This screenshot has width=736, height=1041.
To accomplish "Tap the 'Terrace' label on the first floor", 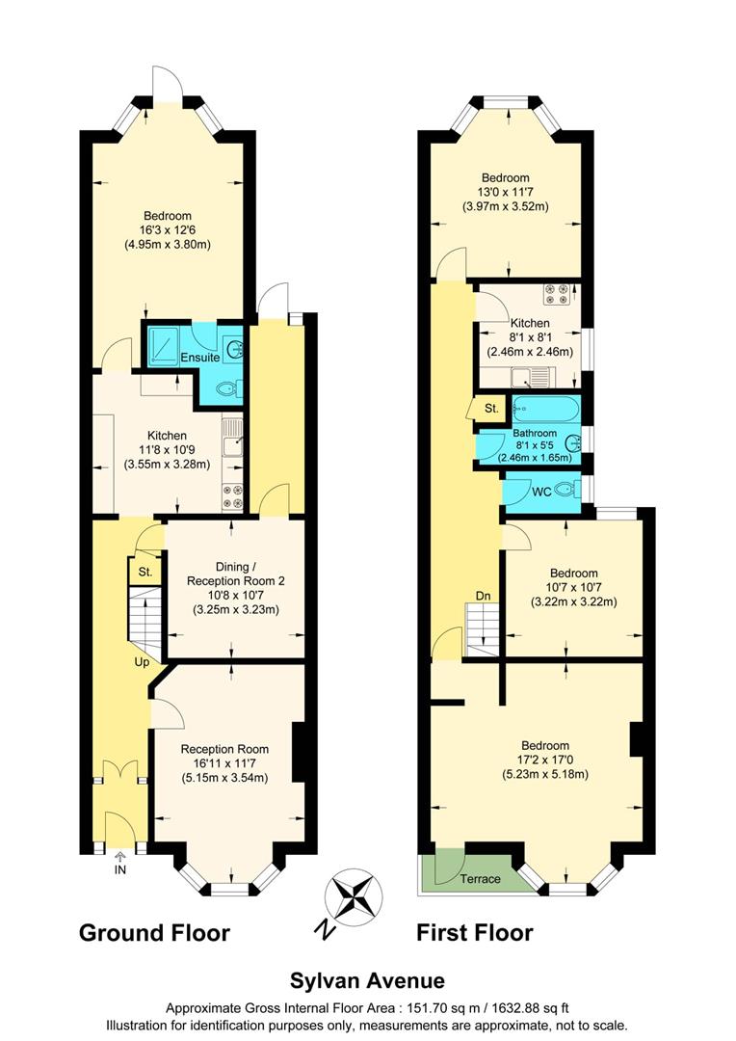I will pos(478,878).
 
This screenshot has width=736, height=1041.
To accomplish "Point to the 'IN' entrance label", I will pos(120,869).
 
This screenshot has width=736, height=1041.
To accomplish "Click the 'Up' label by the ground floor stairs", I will pos(142,662).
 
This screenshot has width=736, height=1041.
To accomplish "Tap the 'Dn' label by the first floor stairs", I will pos(485,596).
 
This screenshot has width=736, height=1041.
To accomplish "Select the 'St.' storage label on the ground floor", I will pos(145,573).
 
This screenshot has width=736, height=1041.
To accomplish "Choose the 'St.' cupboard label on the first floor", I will pos(491,409).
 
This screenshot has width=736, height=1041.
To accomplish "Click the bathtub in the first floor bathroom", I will pos(545,410).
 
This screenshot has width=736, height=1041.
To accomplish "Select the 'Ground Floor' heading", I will pos(154,932).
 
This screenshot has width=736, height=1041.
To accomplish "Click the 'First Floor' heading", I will pos(474,932).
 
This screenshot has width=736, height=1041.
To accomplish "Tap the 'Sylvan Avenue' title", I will pos(367,980).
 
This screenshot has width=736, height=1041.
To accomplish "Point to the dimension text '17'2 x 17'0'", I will pos(544,760).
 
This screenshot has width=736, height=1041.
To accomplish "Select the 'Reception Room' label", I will pos(224,749).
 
